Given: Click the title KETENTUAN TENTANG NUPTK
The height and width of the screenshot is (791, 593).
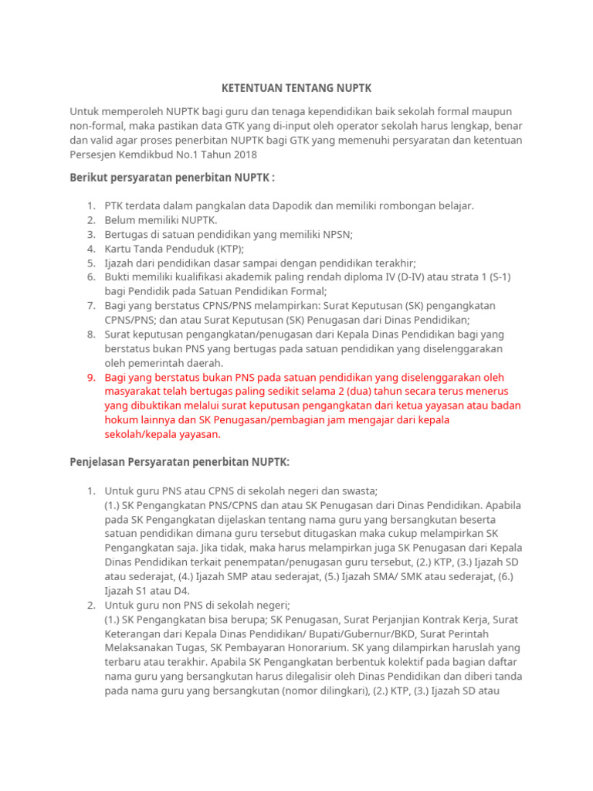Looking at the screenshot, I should (x=296, y=89).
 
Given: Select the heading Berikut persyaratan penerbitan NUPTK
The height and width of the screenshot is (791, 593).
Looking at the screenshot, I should (x=171, y=178).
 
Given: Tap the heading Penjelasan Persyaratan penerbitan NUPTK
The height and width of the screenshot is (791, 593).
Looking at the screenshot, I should (x=179, y=462).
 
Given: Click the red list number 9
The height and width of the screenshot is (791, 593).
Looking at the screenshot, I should (x=90, y=378).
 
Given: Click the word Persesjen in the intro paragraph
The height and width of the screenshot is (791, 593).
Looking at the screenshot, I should (x=93, y=154).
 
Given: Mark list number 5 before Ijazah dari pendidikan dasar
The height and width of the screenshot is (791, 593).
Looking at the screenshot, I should (x=90, y=263).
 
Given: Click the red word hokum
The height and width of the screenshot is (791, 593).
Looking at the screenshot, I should (x=120, y=420).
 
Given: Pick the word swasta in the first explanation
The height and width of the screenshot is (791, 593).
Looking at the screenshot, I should (x=359, y=491).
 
